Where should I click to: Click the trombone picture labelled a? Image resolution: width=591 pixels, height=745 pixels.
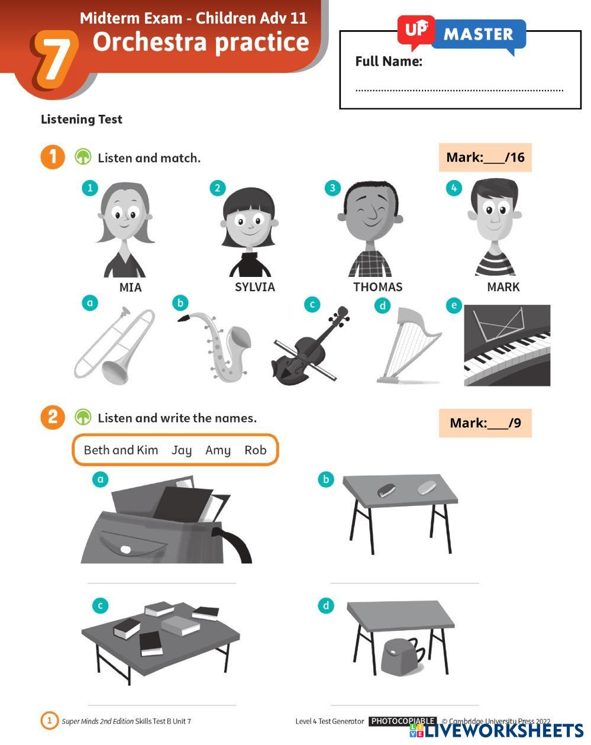click(x=114, y=346)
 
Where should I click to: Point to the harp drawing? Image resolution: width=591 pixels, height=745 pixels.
click(x=409, y=346)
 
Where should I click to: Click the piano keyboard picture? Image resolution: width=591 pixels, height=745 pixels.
click(x=507, y=345)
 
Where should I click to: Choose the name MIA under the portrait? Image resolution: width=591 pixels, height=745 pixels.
click(x=131, y=288)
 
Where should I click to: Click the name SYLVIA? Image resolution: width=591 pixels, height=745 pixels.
click(x=255, y=287)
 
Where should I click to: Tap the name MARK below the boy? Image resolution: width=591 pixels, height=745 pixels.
click(x=503, y=287)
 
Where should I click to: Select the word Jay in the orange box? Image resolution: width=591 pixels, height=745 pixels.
click(x=182, y=450)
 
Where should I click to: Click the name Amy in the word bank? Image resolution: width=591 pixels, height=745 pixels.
click(x=218, y=450)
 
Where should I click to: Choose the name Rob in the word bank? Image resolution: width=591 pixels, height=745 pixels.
click(x=256, y=450)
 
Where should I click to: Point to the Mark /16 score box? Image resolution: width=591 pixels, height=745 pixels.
click(x=485, y=157)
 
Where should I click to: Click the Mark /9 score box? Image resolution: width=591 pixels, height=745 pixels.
click(x=485, y=423)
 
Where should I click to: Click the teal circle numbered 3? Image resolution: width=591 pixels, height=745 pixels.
click(x=332, y=188)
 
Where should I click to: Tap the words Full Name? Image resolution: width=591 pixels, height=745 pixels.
click(x=389, y=62)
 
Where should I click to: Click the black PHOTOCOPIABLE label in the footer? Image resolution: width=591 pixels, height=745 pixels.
click(x=403, y=721)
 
